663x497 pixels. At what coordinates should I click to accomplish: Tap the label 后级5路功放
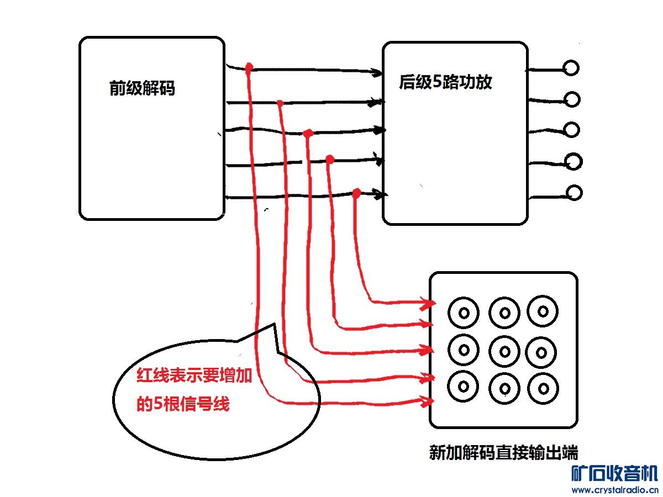click(445, 83)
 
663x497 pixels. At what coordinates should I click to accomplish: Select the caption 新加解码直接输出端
click(503, 453)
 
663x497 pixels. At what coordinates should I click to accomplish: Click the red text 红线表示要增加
click(194, 377)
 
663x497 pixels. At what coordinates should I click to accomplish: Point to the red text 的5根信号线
click(182, 404)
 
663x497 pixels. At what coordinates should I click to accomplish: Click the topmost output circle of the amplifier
click(571, 68)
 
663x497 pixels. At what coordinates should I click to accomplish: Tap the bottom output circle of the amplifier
click(574, 193)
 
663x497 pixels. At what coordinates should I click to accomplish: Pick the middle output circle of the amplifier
click(571, 130)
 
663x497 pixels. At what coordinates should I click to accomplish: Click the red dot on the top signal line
click(249, 67)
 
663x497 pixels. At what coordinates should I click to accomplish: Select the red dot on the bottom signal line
click(356, 193)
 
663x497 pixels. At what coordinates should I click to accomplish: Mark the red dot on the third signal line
click(308, 133)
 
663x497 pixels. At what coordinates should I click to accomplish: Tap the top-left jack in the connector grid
click(464, 313)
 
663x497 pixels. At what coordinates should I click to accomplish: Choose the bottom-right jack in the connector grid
click(543, 387)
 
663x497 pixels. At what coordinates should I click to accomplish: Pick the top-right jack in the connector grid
click(543, 311)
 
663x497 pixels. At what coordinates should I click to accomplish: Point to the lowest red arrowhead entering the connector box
click(427, 400)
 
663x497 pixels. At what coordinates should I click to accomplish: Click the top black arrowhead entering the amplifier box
click(378, 72)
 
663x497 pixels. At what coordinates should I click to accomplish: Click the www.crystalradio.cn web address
click(614, 490)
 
